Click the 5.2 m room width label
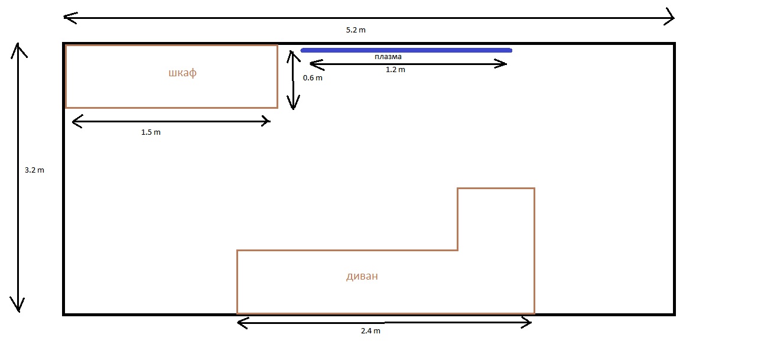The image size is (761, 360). point(356,30)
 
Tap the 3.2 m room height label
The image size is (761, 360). point(34,170)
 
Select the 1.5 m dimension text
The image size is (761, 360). point(151,132)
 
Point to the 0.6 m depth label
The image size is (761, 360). point(313,78)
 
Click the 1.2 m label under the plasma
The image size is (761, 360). point(395,70)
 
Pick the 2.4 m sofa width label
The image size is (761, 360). point(370,331)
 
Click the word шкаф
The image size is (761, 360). point(183,73)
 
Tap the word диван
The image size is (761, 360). point(362,275)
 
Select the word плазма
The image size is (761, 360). point(388,57)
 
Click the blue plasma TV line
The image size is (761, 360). point(406,50)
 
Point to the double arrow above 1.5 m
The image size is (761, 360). point(171,121)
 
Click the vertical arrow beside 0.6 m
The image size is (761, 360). point(293,80)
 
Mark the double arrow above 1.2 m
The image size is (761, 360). point(408,64)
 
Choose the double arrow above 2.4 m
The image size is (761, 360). point(384,323)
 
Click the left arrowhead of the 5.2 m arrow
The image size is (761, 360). point(70,18)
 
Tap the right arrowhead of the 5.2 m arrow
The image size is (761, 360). point(669,17)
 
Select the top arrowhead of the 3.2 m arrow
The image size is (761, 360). point(19,50)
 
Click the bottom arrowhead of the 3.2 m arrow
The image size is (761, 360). point(18,304)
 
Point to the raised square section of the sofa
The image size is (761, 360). point(496,219)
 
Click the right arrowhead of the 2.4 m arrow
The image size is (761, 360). point(526,323)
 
